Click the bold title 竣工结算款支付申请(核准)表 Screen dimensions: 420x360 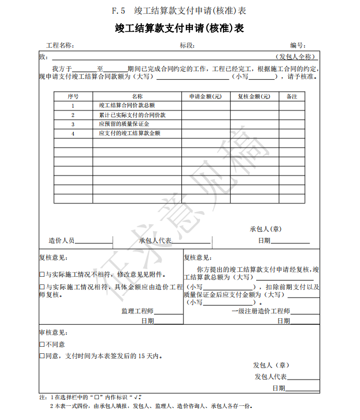click(x=179, y=28)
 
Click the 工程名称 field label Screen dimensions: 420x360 click(x=60, y=45)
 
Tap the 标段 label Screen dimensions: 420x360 click(x=187, y=45)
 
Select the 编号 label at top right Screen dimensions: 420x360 click(x=297, y=45)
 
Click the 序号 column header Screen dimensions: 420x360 click(x=73, y=96)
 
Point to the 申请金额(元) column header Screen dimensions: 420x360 click(x=205, y=96)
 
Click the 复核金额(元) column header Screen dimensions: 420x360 click(x=254, y=96)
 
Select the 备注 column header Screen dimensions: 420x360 click(x=292, y=96)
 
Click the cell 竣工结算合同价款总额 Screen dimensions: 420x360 click(x=127, y=106)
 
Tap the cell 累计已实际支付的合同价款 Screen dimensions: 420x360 click(x=132, y=115)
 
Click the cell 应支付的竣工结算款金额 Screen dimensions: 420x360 click(x=129, y=133)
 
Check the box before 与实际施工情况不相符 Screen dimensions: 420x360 click(x=42, y=275)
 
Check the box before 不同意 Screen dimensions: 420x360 click(x=42, y=345)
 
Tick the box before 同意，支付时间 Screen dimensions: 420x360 click(x=42, y=356)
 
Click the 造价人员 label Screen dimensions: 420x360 click(x=62, y=240)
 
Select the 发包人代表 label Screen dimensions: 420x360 click(x=270, y=377)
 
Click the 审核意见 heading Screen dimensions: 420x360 click(x=53, y=332)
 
